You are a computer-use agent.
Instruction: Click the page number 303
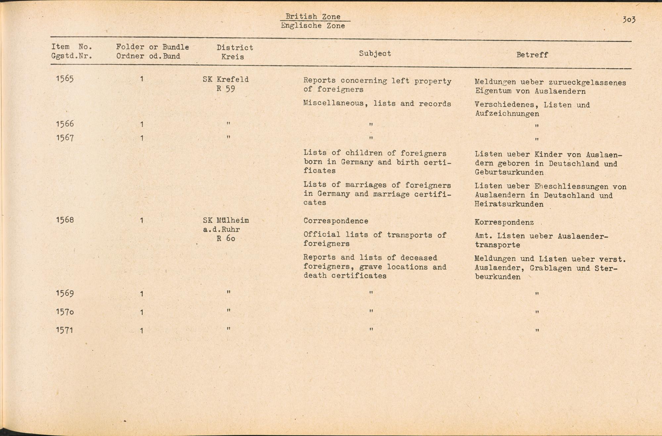point(629,20)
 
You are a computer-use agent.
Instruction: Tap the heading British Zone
point(313,17)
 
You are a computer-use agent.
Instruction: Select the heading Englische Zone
point(313,26)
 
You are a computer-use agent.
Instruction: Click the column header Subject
point(375,54)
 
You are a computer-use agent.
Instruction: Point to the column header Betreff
point(532,55)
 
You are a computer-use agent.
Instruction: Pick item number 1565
point(65,79)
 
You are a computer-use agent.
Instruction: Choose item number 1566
point(65,124)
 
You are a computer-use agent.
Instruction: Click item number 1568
point(65,220)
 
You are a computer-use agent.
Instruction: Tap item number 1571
point(65,330)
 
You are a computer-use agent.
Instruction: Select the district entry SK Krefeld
point(226,79)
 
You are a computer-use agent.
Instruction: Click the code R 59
point(226,89)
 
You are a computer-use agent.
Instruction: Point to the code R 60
point(226,238)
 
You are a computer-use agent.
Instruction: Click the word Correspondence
point(336,221)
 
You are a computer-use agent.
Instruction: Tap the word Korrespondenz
point(504,222)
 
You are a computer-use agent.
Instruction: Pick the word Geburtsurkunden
point(509,173)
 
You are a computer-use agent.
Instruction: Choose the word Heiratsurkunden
point(509,204)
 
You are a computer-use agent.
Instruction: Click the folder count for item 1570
point(142,312)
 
